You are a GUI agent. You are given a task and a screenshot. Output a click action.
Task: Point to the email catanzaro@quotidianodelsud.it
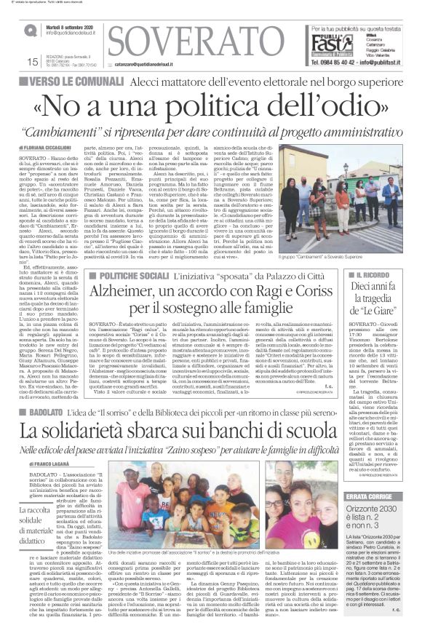click(154, 64)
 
